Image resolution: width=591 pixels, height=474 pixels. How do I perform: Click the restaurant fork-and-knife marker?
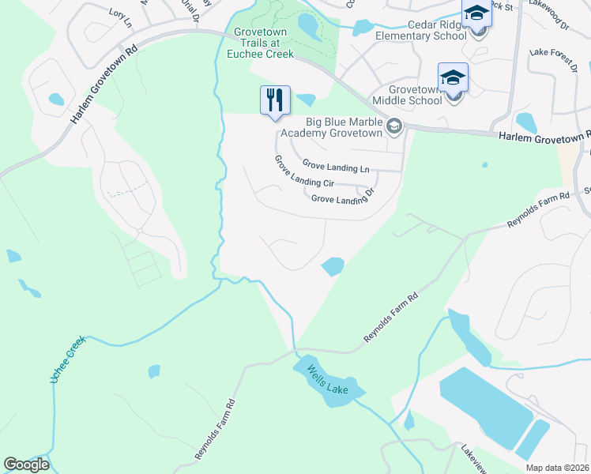point(275,100)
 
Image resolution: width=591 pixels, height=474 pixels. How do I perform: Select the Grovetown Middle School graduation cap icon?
point(453,77)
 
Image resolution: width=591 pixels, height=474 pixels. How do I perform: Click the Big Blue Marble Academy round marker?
point(394,126)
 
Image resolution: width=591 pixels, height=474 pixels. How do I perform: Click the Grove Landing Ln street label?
point(336,166)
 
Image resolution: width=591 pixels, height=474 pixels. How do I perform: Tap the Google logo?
point(27,465)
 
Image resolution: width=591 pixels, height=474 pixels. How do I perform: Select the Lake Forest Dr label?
point(554,58)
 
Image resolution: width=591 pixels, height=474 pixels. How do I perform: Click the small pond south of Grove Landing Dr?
point(333,267)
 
